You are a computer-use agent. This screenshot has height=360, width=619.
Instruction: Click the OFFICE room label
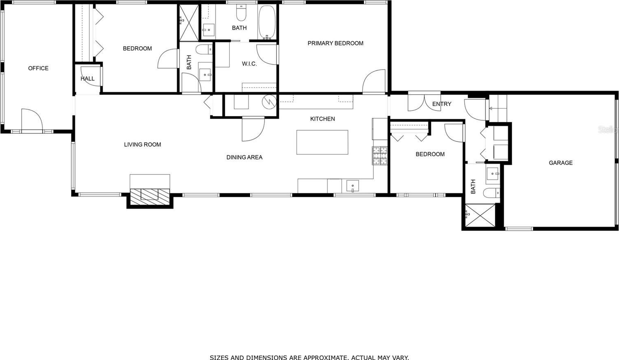click(38, 68)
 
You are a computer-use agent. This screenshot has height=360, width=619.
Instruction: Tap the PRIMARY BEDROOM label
click(335, 43)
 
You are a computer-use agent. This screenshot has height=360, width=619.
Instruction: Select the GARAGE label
click(560, 163)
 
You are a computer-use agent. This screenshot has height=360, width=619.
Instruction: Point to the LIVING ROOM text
click(142, 144)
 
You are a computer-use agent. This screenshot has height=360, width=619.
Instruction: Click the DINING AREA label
click(244, 157)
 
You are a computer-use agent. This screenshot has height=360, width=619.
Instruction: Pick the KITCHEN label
click(323, 119)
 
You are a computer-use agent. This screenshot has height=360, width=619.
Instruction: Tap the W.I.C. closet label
click(249, 64)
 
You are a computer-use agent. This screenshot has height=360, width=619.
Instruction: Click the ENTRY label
click(442, 104)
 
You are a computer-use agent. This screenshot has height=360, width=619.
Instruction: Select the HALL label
click(87, 79)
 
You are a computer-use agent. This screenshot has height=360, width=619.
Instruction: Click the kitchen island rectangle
click(322, 142)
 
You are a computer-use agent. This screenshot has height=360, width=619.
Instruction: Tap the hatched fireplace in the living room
click(149, 196)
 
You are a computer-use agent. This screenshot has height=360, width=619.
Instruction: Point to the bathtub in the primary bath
click(267, 22)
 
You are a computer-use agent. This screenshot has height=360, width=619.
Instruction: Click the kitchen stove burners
click(380, 156)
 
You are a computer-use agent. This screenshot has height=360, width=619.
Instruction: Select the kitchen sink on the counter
click(352, 186)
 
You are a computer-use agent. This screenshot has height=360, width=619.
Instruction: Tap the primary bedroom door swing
click(374, 81)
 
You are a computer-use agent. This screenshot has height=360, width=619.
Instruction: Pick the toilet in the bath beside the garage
click(492, 193)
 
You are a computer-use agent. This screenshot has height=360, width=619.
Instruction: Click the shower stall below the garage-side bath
click(480, 215)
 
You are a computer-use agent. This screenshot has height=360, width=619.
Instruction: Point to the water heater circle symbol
click(269, 101)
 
